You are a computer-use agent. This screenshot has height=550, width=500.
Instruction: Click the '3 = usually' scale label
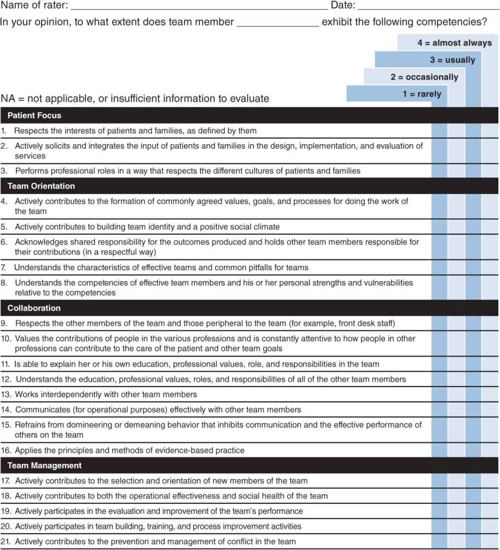point(452,60)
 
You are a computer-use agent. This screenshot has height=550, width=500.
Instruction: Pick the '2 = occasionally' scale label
point(424,77)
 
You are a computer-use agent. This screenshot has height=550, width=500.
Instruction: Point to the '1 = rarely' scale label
point(422,94)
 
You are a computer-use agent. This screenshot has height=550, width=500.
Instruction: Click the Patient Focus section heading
point(35,116)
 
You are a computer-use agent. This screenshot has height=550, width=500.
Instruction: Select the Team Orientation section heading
point(42,186)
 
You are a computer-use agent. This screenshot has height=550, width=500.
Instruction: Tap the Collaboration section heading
point(34,308)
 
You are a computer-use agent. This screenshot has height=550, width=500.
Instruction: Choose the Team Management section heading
point(44,466)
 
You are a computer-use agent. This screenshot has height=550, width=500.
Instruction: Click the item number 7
point(3,268)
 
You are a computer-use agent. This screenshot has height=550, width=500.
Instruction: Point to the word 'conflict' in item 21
point(236,542)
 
